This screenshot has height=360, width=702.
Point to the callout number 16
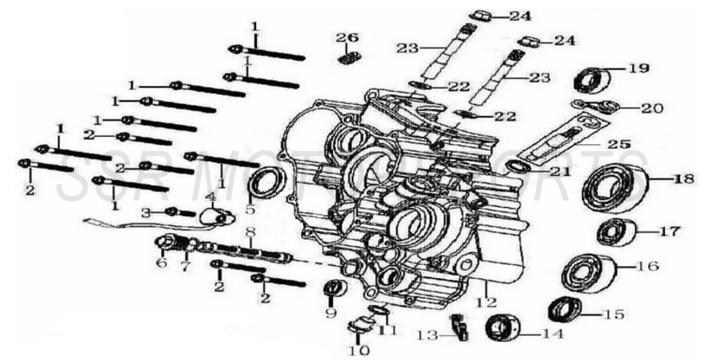[647, 267]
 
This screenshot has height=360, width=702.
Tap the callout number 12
[486, 302]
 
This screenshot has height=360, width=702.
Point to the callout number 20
[652, 106]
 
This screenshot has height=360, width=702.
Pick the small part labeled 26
[347, 58]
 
